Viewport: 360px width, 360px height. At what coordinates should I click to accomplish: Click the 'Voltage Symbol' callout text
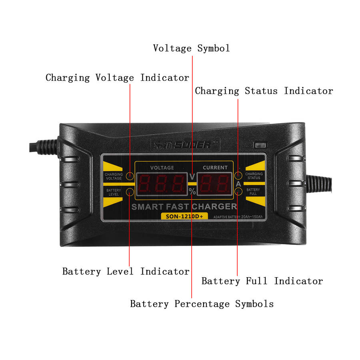coord(191,48)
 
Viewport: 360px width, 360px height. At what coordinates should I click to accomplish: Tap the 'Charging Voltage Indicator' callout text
coord(117,78)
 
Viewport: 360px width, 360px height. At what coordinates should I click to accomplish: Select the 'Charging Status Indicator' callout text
coord(264,91)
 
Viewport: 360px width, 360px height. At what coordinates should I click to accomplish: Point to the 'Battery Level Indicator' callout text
coord(126,272)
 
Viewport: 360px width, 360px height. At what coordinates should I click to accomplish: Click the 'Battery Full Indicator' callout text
coord(262,281)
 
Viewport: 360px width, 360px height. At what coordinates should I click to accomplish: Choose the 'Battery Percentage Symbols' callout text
coord(202,304)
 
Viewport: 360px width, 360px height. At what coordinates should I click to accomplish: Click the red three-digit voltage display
coord(162,184)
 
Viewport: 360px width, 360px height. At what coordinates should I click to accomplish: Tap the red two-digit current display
coord(215,184)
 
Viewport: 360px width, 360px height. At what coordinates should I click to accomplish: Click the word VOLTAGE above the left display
coord(162,168)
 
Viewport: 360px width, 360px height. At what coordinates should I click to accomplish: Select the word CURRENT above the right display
coord(215,168)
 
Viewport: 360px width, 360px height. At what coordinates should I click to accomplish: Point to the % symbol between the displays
coord(192,192)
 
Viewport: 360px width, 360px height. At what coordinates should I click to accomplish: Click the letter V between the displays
coord(192,176)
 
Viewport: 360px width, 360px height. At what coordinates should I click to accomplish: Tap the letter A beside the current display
coord(238,184)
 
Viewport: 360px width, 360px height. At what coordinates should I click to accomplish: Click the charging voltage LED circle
coord(130,176)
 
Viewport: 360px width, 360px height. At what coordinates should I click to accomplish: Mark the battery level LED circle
coord(130,192)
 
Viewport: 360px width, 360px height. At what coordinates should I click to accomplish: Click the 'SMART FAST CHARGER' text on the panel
coord(184,207)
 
